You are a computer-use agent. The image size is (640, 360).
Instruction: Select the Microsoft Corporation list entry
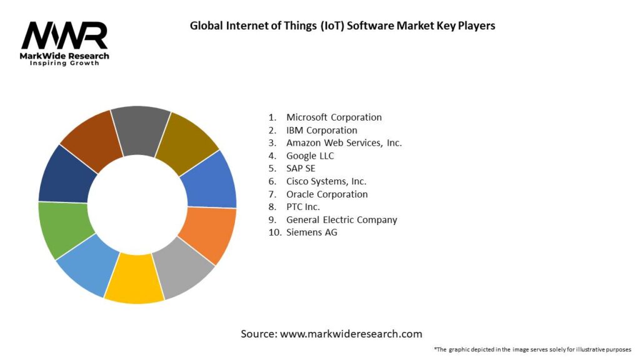pos(334,117)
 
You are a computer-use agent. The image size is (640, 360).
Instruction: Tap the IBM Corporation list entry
pos(321,130)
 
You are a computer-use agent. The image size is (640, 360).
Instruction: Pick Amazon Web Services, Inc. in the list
pos(344,142)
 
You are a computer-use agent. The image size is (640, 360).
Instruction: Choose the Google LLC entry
pos(310,156)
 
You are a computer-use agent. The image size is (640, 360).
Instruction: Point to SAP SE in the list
pos(301,168)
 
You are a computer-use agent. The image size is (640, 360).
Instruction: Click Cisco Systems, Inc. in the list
pos(326,181)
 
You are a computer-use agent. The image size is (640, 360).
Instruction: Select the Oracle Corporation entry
pos(327,194)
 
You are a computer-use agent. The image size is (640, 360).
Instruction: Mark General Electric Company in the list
pos(341,219)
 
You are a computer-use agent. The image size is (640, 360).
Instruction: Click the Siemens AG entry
pos(312,232)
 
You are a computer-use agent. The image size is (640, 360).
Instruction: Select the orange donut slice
pos(206,235)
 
